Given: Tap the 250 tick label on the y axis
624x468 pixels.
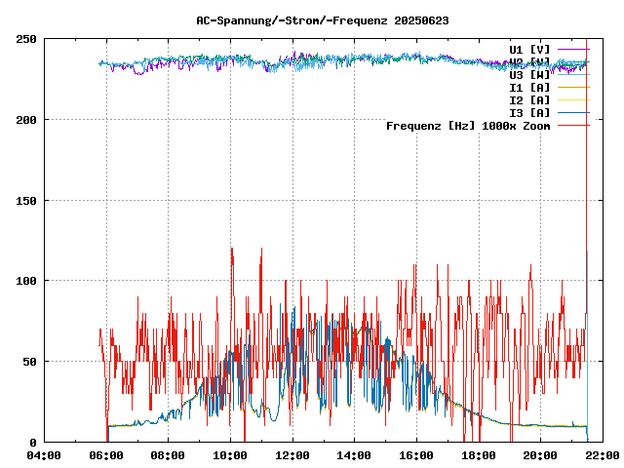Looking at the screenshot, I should tap(26, 40).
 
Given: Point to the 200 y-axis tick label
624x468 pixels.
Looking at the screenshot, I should tap(26, 120).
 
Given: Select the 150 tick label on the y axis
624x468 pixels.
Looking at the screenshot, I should tap(26, 201).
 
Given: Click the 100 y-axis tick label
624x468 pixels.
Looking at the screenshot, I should tap(26, 281).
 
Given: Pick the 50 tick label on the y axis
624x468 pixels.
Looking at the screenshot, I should tap(29, 362).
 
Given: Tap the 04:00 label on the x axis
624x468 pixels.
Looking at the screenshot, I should tap(44, 455).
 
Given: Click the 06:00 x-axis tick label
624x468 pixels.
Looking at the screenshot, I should tap(106, 455).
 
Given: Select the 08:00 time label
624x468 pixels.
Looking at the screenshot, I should tap(168, 455).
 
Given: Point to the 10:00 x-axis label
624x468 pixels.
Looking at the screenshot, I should tap(230, 455).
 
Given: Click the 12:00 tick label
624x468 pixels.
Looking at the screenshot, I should tap(292, 455).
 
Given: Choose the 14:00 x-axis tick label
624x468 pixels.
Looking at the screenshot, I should tap(354, 455).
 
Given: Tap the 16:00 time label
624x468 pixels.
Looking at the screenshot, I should tap(416, 455).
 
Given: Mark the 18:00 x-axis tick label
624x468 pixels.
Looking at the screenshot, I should tap(479, 455).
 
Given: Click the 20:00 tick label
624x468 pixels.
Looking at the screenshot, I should tap(540, 455).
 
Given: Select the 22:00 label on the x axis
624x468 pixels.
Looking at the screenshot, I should tap(603, 455).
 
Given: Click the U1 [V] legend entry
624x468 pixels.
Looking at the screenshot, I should tap(529, 49).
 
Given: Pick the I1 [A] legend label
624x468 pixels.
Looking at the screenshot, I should tap(529, 88).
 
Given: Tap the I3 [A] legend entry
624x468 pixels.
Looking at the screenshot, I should tap(529, 113).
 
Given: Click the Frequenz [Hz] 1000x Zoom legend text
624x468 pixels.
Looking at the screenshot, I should tap(468, 126).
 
